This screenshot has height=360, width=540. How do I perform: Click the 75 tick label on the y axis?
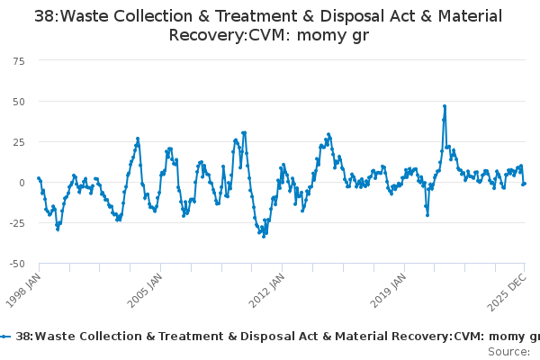click(x=19, y=60)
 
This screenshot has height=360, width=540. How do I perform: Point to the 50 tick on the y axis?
click(x=19, y=101)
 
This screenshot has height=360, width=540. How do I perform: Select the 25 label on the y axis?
click(x=19, y=141)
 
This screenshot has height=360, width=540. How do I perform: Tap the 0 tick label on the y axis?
click(x=22, y=183)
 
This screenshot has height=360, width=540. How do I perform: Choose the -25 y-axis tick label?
click(x=17, y=223)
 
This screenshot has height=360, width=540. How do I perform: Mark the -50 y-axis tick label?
click(x=17, y=264)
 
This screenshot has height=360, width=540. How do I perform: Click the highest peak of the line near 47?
click(x=445, y=106)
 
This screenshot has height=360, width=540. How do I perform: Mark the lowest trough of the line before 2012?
click(x=265, y=235)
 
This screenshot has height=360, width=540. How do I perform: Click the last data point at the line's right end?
click(x=525, y=184)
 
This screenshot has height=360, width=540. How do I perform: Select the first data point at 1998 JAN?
click(x=39, y=178)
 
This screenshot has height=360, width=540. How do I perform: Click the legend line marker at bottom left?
click(x=6, y=336)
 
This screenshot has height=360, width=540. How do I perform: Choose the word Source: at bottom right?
click(x=508, y=351)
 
